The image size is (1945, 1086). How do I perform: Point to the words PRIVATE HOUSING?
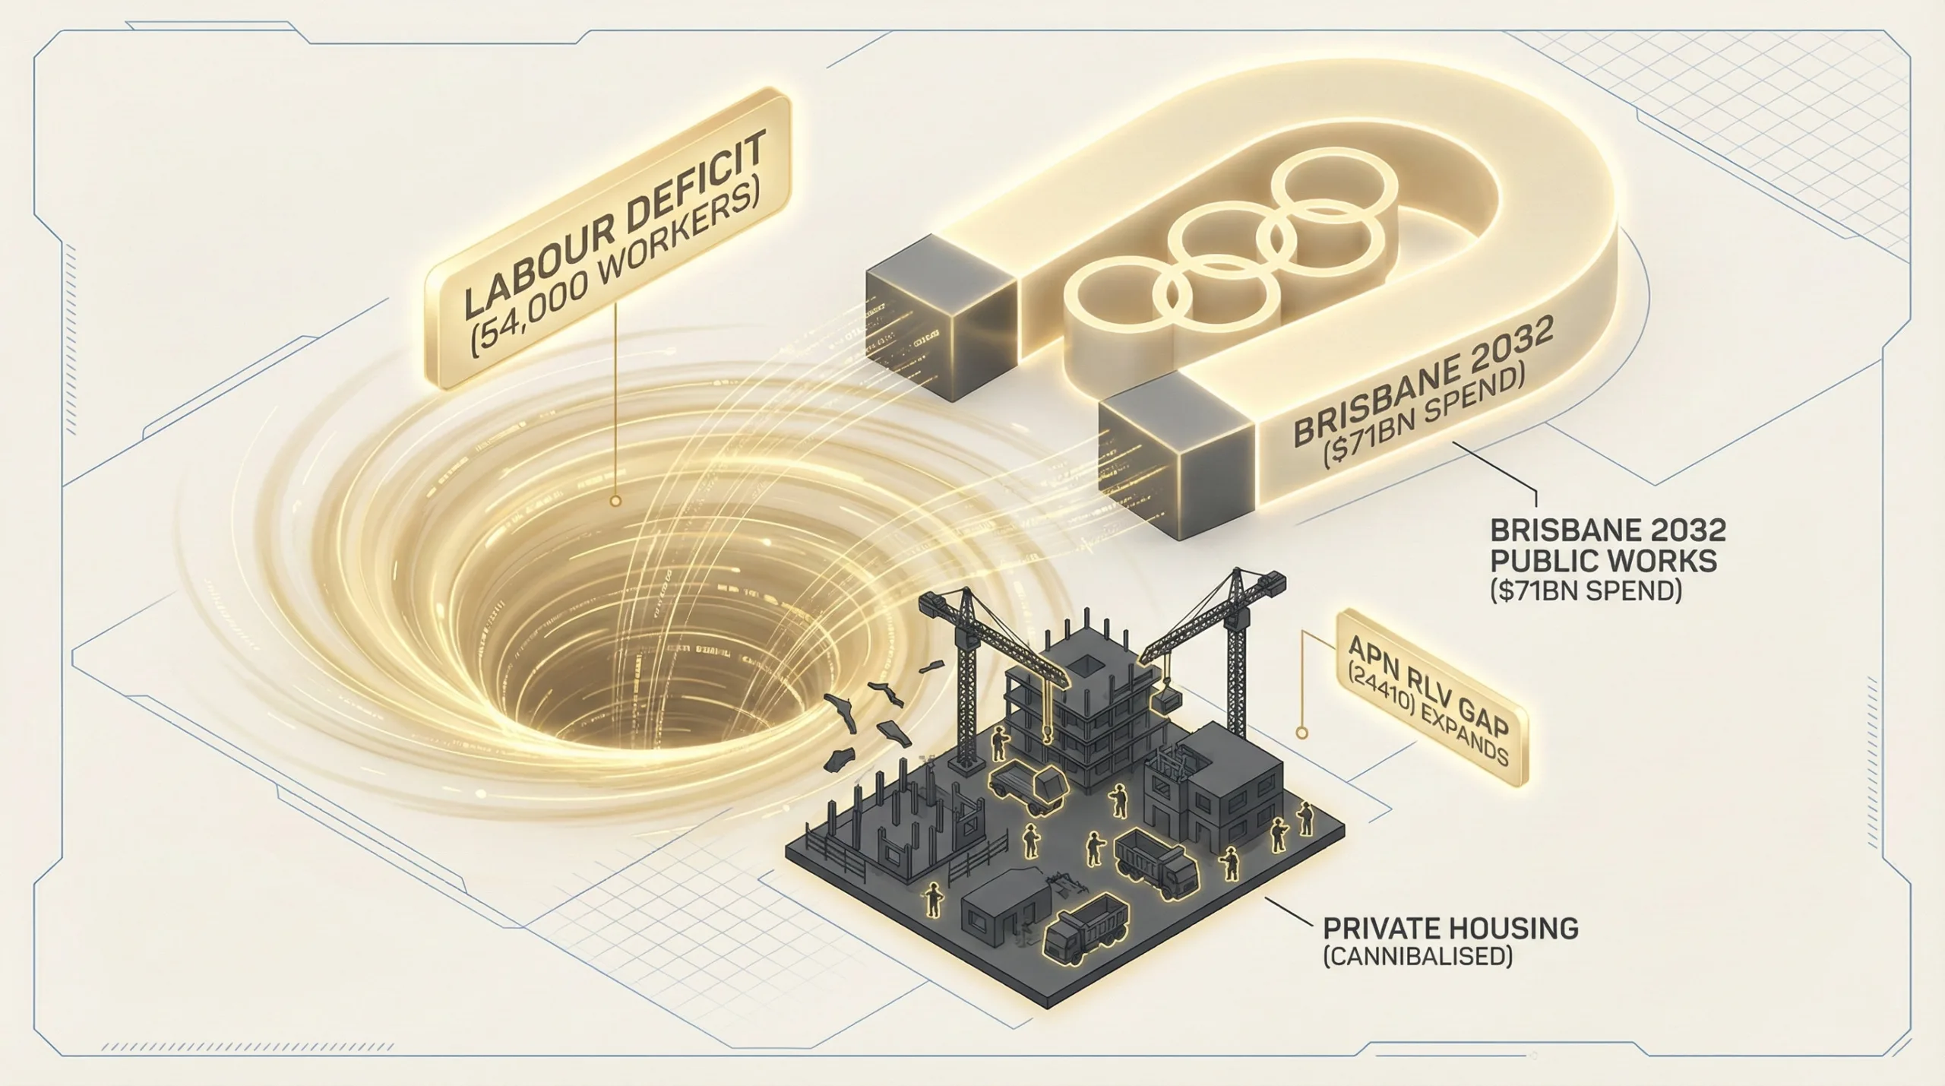point(1450,929)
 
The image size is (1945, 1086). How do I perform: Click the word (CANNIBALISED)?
point(1416,956)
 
